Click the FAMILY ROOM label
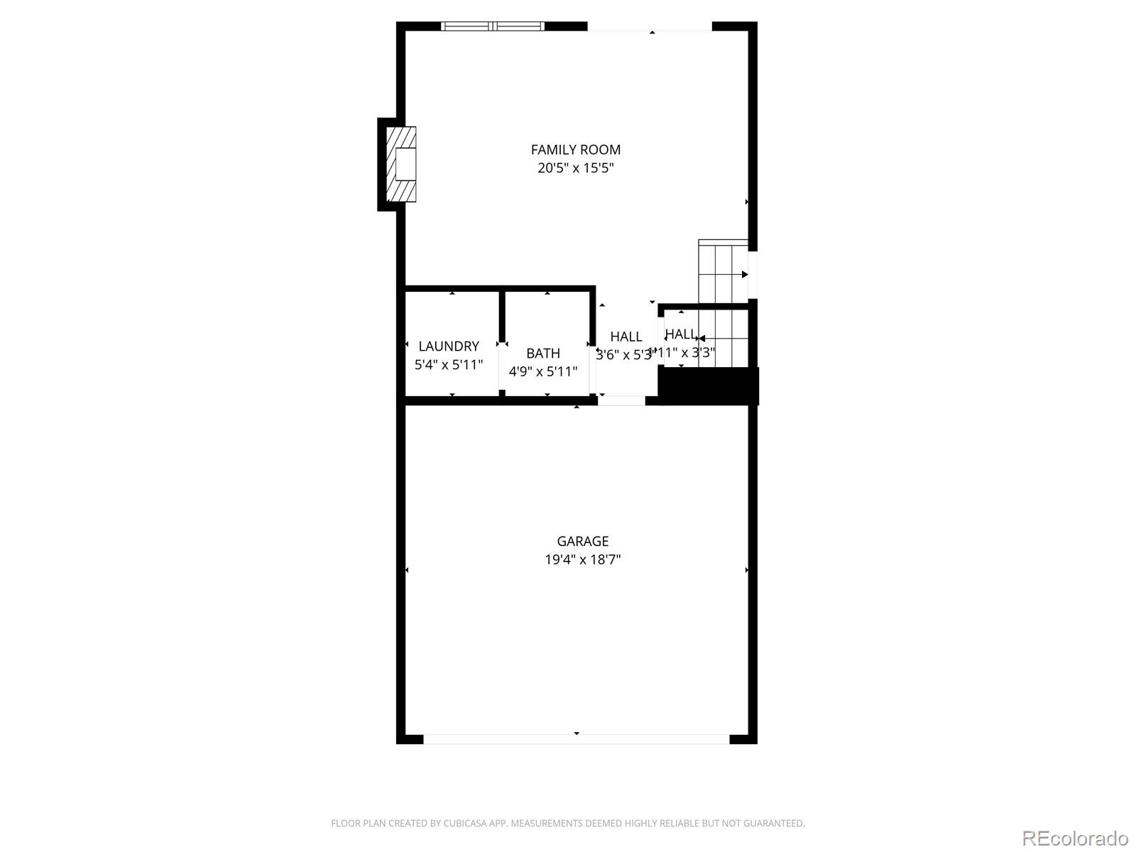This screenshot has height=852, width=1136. coord(575,150)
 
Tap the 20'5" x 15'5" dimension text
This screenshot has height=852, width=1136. coord(575,168)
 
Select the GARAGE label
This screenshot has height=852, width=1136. coord(582,541)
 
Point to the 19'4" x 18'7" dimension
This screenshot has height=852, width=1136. coord(582,559)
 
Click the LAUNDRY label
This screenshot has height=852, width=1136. coord(449,346)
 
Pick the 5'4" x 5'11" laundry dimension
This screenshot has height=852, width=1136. coord(449,365)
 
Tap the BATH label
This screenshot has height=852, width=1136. coord(543,354)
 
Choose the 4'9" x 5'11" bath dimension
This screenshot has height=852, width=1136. coord(543,371)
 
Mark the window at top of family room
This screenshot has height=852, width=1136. coord(493,26)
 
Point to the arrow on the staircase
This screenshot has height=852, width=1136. coord(745,274)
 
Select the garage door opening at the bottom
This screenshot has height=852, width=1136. coord(577,739)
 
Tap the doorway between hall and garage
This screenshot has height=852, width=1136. coord(621,400)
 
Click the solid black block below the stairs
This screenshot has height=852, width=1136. coord(709,386)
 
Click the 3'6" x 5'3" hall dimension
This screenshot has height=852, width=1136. coord(623,355)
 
